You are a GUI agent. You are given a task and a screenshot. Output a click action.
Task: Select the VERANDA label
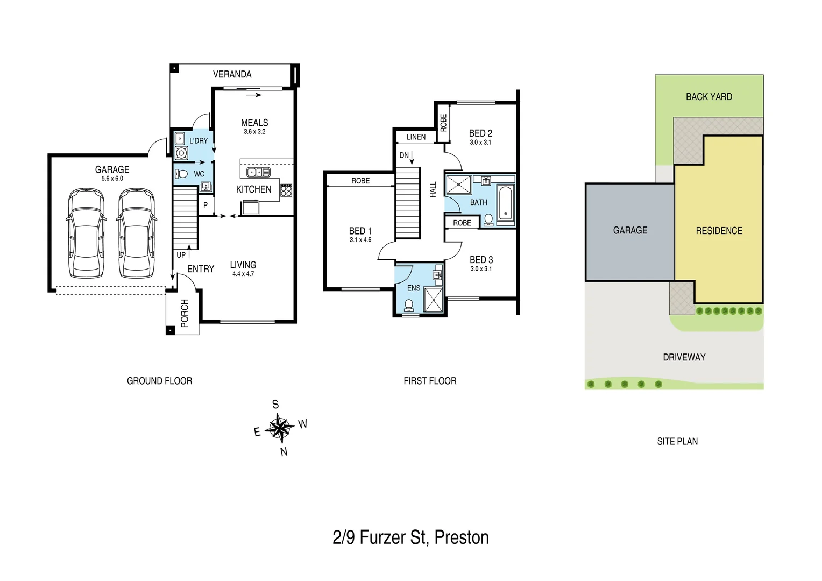232,74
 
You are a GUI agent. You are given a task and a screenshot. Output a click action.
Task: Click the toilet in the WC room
181,174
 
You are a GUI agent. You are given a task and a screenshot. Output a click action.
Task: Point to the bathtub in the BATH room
505,203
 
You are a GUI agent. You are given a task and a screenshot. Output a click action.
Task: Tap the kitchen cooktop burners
286,189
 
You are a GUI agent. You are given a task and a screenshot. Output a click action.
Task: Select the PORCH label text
185,313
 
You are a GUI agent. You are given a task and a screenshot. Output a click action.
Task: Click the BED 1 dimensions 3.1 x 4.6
360,240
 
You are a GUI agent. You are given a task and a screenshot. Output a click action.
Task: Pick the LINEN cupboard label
416,137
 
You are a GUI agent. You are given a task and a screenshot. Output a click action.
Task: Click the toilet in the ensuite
409,305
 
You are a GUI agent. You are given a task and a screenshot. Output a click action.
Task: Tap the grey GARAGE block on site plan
630,231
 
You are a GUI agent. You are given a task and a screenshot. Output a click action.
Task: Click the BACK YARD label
708,97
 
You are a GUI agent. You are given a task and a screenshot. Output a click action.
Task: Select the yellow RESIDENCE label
719,231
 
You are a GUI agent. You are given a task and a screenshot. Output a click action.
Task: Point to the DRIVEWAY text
684,357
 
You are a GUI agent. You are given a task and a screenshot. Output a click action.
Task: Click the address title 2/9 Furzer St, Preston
410,537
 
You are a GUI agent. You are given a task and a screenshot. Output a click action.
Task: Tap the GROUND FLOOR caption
159,381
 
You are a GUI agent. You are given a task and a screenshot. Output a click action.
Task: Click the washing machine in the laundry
181,153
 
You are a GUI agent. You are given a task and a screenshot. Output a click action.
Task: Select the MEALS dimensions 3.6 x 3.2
254,132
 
